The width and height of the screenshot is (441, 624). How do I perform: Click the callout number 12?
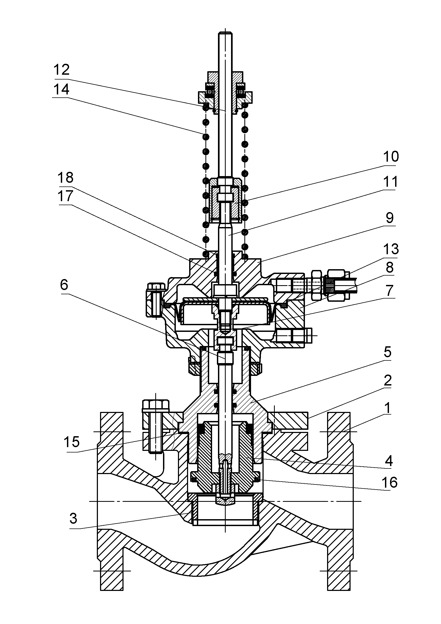pos(62,70)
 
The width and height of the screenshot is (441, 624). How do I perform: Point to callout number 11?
pos(391,182)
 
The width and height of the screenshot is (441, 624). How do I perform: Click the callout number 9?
pos(389,218)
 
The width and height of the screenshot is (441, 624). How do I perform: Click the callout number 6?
pos(64,285)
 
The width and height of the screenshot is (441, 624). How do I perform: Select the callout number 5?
pos(387,352)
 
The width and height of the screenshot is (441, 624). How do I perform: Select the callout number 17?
pos(65,196)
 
